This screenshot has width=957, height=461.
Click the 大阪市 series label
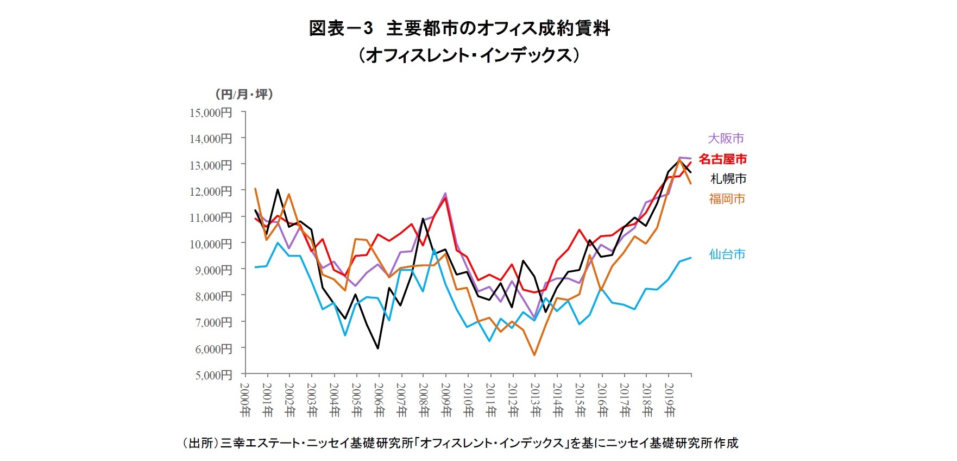click(726, 139)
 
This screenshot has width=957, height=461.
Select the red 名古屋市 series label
click(722, 159)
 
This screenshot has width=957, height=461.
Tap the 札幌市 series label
click(728, 179)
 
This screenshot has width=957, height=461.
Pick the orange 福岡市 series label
click(727, 199)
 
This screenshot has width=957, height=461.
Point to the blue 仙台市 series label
click(727, 254)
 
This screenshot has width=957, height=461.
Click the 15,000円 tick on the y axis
click(211, 113)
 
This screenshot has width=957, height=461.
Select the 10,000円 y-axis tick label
click(211, 244)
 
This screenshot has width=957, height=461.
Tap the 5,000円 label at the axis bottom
click(213, 375)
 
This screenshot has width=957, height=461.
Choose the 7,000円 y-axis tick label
click(213, 323)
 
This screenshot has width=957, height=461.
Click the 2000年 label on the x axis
click(245, 399)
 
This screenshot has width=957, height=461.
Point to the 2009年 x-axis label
click(446, 399)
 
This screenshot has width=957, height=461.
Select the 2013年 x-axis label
click(535, 399)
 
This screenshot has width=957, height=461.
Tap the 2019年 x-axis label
click(669, 399)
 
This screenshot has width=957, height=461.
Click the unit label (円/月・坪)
click(244, 95)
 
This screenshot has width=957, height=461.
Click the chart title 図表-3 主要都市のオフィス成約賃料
click(459, 28)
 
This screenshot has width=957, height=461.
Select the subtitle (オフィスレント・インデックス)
click(468, 55)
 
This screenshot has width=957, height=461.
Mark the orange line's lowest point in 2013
click(534, 355)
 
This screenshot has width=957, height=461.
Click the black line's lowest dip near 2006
click(378, 348)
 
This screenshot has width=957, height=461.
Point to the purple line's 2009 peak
click(445, 194)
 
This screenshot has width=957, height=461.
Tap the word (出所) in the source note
click(199, 443)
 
